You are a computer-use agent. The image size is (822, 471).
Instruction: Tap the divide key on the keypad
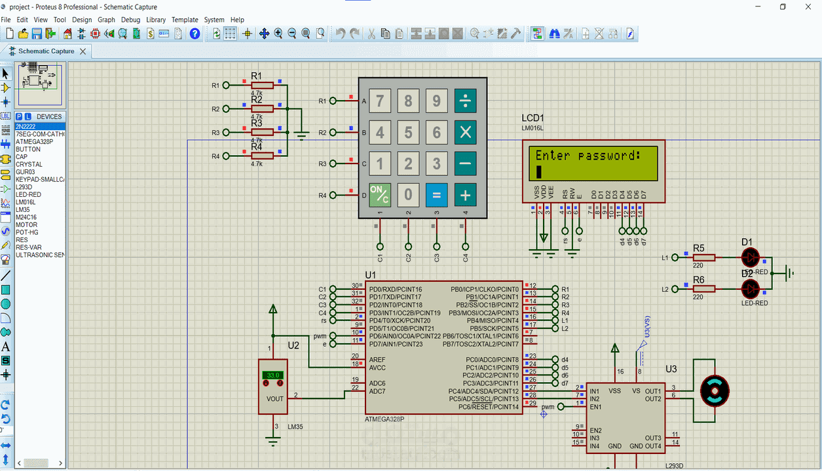(466, 101)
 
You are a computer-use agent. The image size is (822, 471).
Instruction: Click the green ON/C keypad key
(380, 194)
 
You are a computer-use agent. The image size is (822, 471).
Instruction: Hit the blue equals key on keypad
(437, 194)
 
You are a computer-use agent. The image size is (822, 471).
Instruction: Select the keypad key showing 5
(408, 133)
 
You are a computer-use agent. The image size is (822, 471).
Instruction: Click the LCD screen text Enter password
(586, 156)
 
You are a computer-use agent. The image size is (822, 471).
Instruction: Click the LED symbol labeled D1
(749, 257)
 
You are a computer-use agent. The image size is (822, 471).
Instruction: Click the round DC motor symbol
(715, 391)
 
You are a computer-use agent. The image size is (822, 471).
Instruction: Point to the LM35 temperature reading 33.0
(272, 375)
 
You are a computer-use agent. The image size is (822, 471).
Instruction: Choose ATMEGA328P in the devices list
(35, 142)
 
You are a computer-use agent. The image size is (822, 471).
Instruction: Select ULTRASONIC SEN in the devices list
(40, 255)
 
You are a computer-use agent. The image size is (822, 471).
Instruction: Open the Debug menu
(130, 20)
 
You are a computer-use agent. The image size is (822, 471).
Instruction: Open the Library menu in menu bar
(156, 20)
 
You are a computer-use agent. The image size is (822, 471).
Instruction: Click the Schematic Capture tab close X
(83, 51)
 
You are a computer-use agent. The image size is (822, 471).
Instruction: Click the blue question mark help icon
(195, 33)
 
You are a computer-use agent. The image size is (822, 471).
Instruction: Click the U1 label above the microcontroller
(371, 275)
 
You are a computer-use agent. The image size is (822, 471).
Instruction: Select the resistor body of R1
(262, 85)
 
